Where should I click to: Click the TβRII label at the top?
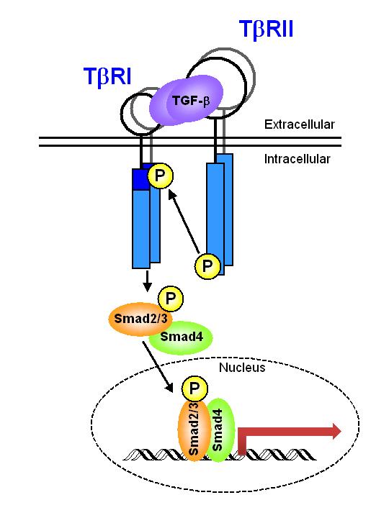pos(266,29)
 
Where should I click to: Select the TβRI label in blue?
pos(107,77)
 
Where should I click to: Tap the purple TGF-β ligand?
pos(187,100)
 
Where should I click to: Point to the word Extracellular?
pos(300,124)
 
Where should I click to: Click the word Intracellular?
pos(297,159)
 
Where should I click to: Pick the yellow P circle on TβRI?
pos(161,176)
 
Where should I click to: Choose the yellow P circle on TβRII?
pos(207,266)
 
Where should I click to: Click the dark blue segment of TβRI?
pos(141,179)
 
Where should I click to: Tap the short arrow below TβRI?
pos(147,281)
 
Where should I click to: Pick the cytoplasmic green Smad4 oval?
pos(182,337)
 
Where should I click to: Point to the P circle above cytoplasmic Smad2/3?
pos(171,299)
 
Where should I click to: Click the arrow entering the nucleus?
pos(158,367)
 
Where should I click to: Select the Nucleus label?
pos(242,368)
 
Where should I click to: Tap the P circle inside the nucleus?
pos(194,388)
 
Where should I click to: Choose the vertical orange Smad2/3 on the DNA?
pos(194,429)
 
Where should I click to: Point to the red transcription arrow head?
pos(336,432)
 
